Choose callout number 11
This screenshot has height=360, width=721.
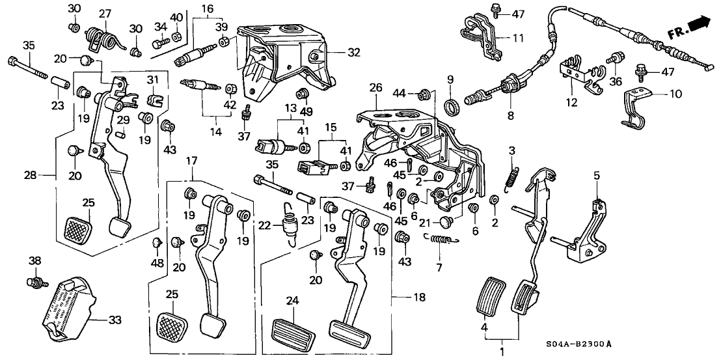point(518,39)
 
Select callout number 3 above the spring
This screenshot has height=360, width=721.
point(511,152)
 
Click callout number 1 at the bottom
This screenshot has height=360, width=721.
point(501,353)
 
